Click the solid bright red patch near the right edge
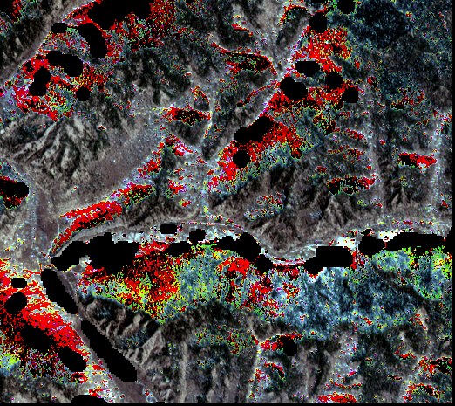[418, 161]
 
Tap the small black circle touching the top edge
[346, 5]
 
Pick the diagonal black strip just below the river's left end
[61, 288]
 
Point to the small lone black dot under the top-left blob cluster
[83, 93]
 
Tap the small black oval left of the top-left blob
[59, 28]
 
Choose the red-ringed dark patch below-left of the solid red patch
[353, 184]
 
